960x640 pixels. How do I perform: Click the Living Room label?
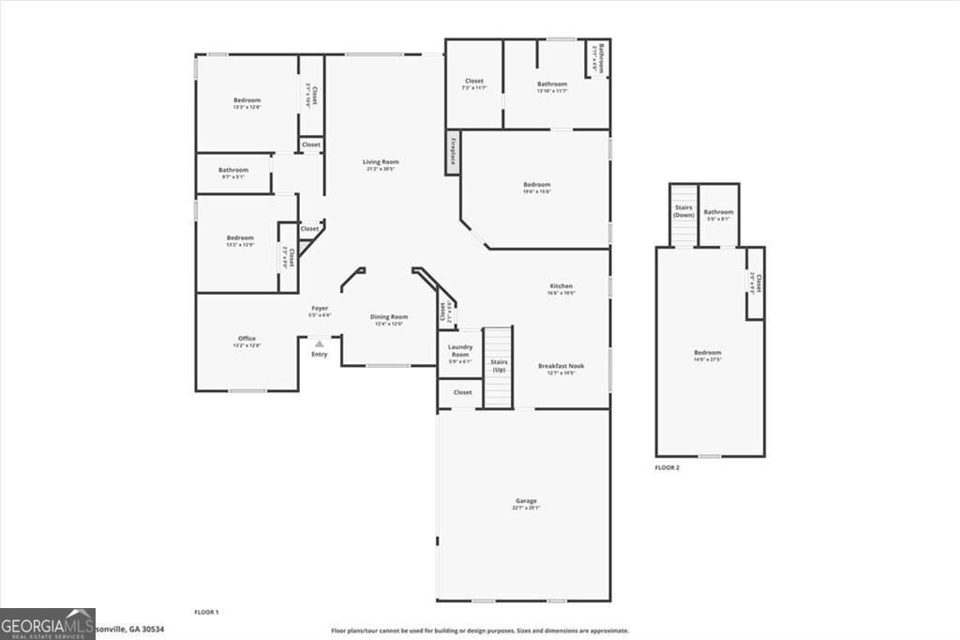click(x=381, y=162)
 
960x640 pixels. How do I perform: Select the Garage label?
click(x=526, y=501)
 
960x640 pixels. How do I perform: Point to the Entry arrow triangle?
click(x=319, y=344)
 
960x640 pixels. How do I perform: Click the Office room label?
click(x=247, y=339)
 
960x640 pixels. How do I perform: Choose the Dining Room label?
click(x=389, y=317)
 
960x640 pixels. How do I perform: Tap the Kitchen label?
click(x=561, y=286)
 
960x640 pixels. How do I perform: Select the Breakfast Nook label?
click(x=561, y=366)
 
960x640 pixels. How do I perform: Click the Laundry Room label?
click(x=459, y=350)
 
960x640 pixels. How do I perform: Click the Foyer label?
click(x=320, y=309)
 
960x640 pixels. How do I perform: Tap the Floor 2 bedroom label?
click(x=708, y=353)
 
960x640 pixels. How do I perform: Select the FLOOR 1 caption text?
click(x=206, y=612)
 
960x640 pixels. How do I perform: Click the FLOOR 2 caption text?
click(x=667, y=466)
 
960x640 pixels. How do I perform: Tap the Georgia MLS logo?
click(x=48, y=624)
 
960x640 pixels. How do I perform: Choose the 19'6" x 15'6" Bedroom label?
click(x=536, y=185)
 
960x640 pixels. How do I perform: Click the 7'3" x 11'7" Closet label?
click(x=473, y=82)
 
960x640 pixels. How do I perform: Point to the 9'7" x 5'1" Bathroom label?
click(x=233, y=170)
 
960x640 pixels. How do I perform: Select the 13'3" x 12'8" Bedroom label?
click(x=247, y=100)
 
